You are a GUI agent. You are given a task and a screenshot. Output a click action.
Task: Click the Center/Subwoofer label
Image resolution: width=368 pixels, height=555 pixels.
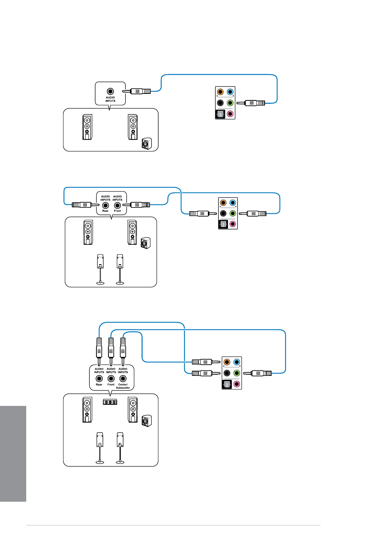pyautogui.click(x=123, y=386)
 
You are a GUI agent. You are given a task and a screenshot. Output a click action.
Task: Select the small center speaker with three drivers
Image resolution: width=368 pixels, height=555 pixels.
pyautogui.click(x=110, y=402)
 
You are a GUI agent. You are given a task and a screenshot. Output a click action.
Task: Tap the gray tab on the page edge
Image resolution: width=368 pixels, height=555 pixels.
pyautogui.click(x=13, y=454)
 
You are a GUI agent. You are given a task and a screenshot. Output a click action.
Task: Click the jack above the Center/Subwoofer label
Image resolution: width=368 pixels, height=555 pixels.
pyautogui.click(x=123, y=378)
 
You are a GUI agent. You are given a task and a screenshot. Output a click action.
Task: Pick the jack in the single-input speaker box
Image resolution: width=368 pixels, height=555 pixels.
pyautogui.click(x=110, y=92)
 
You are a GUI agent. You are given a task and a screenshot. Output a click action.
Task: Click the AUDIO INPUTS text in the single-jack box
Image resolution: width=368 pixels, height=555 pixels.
pyautogui.click(x=110, y=99)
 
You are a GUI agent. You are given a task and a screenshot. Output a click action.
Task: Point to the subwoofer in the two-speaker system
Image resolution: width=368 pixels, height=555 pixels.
pyautogui.click(x=147, y=143)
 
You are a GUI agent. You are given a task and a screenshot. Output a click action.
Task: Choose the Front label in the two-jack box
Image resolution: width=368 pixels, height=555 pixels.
pyautogui.click(x=117, y=211)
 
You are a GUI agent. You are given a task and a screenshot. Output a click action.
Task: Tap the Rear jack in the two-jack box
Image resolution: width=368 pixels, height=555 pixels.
pyautogui.click(x=105, y=205)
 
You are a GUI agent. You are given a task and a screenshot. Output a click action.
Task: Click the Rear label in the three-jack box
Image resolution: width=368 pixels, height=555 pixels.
pyautogui.click(x=99, y=385)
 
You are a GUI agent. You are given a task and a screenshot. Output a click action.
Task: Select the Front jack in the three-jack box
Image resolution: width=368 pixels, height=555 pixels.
pyautogui.click(x=111, y=378)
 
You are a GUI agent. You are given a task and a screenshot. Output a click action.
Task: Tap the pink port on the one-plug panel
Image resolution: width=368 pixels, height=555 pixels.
pyautogui.click(x=230, y=114)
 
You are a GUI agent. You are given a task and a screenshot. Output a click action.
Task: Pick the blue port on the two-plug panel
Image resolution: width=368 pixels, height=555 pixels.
pyautogui.click(x=233, y=203)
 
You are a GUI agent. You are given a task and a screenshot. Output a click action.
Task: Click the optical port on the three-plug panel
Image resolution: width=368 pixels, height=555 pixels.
pyautogui.click(x=227, y=384)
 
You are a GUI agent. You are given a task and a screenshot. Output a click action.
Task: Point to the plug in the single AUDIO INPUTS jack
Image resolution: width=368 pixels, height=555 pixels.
pyautogui.click(x=136, y=92)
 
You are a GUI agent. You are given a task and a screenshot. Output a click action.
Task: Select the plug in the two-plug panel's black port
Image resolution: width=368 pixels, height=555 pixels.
pyautogui.click(x=203, y=213)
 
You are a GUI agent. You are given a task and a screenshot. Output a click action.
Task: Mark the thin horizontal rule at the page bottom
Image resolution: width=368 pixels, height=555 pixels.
pyautogui.click(x=173, y=525)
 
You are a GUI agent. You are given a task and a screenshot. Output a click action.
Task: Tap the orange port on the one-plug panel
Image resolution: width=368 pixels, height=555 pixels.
pyautogui.click(x=220, y=92)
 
